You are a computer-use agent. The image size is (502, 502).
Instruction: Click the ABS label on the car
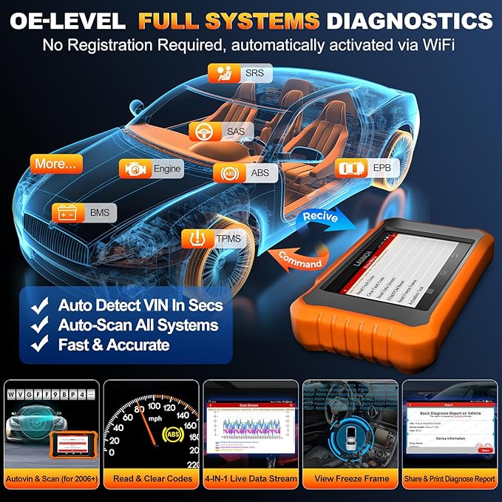245,174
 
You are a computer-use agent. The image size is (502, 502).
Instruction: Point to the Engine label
160,169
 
